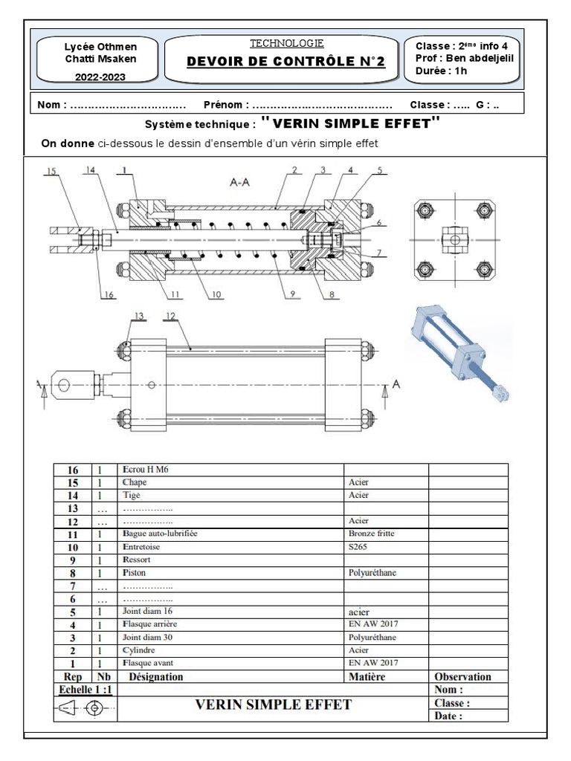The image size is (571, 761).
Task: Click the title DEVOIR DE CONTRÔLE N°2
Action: [286, 62]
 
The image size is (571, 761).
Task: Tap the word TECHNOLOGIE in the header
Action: [286, 44]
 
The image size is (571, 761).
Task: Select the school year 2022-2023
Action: [100, 77]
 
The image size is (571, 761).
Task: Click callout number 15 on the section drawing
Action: [51, 171]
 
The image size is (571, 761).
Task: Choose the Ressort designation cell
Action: [137, 560]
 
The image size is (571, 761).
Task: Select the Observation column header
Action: [462, 677]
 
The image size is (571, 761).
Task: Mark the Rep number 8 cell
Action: [72, 573]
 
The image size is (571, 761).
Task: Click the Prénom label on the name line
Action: [226, 105]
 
